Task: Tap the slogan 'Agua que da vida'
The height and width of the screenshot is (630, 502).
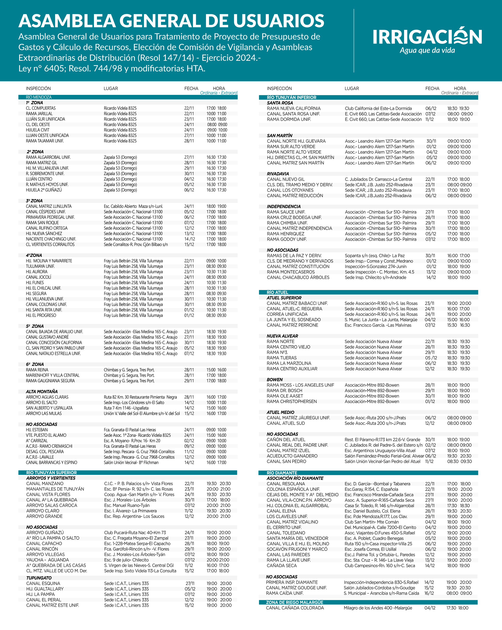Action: [427, 51]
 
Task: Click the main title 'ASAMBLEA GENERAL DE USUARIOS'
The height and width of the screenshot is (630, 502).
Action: [171, 21]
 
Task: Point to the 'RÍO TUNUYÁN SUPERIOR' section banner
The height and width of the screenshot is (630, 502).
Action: [51, 472]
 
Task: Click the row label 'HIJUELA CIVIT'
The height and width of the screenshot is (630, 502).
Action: [38, 130]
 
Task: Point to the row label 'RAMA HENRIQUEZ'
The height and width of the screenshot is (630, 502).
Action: [285, 234]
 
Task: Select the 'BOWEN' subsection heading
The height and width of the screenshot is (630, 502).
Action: [275, 380]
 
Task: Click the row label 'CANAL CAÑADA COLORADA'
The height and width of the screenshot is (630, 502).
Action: [295, 608]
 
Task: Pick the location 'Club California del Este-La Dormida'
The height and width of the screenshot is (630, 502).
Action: [378, 108]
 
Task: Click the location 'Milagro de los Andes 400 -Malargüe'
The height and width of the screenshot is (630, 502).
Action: [378, 608]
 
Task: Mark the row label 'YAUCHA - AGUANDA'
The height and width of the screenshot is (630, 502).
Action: [48, 560]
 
